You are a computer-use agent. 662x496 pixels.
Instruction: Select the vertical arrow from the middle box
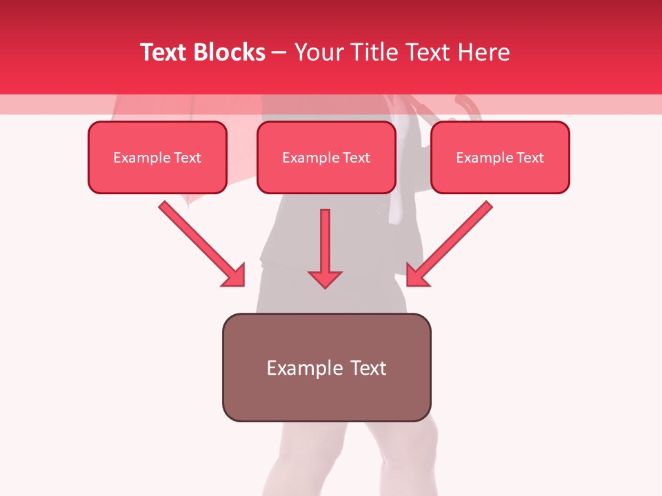(325, 241)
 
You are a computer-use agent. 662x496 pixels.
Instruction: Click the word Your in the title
(319, 52)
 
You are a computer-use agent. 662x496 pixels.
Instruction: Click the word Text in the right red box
(530, 158)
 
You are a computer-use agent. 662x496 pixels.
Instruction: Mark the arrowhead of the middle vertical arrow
(325, 279)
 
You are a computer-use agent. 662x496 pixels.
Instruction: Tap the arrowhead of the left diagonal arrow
(234, 276)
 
